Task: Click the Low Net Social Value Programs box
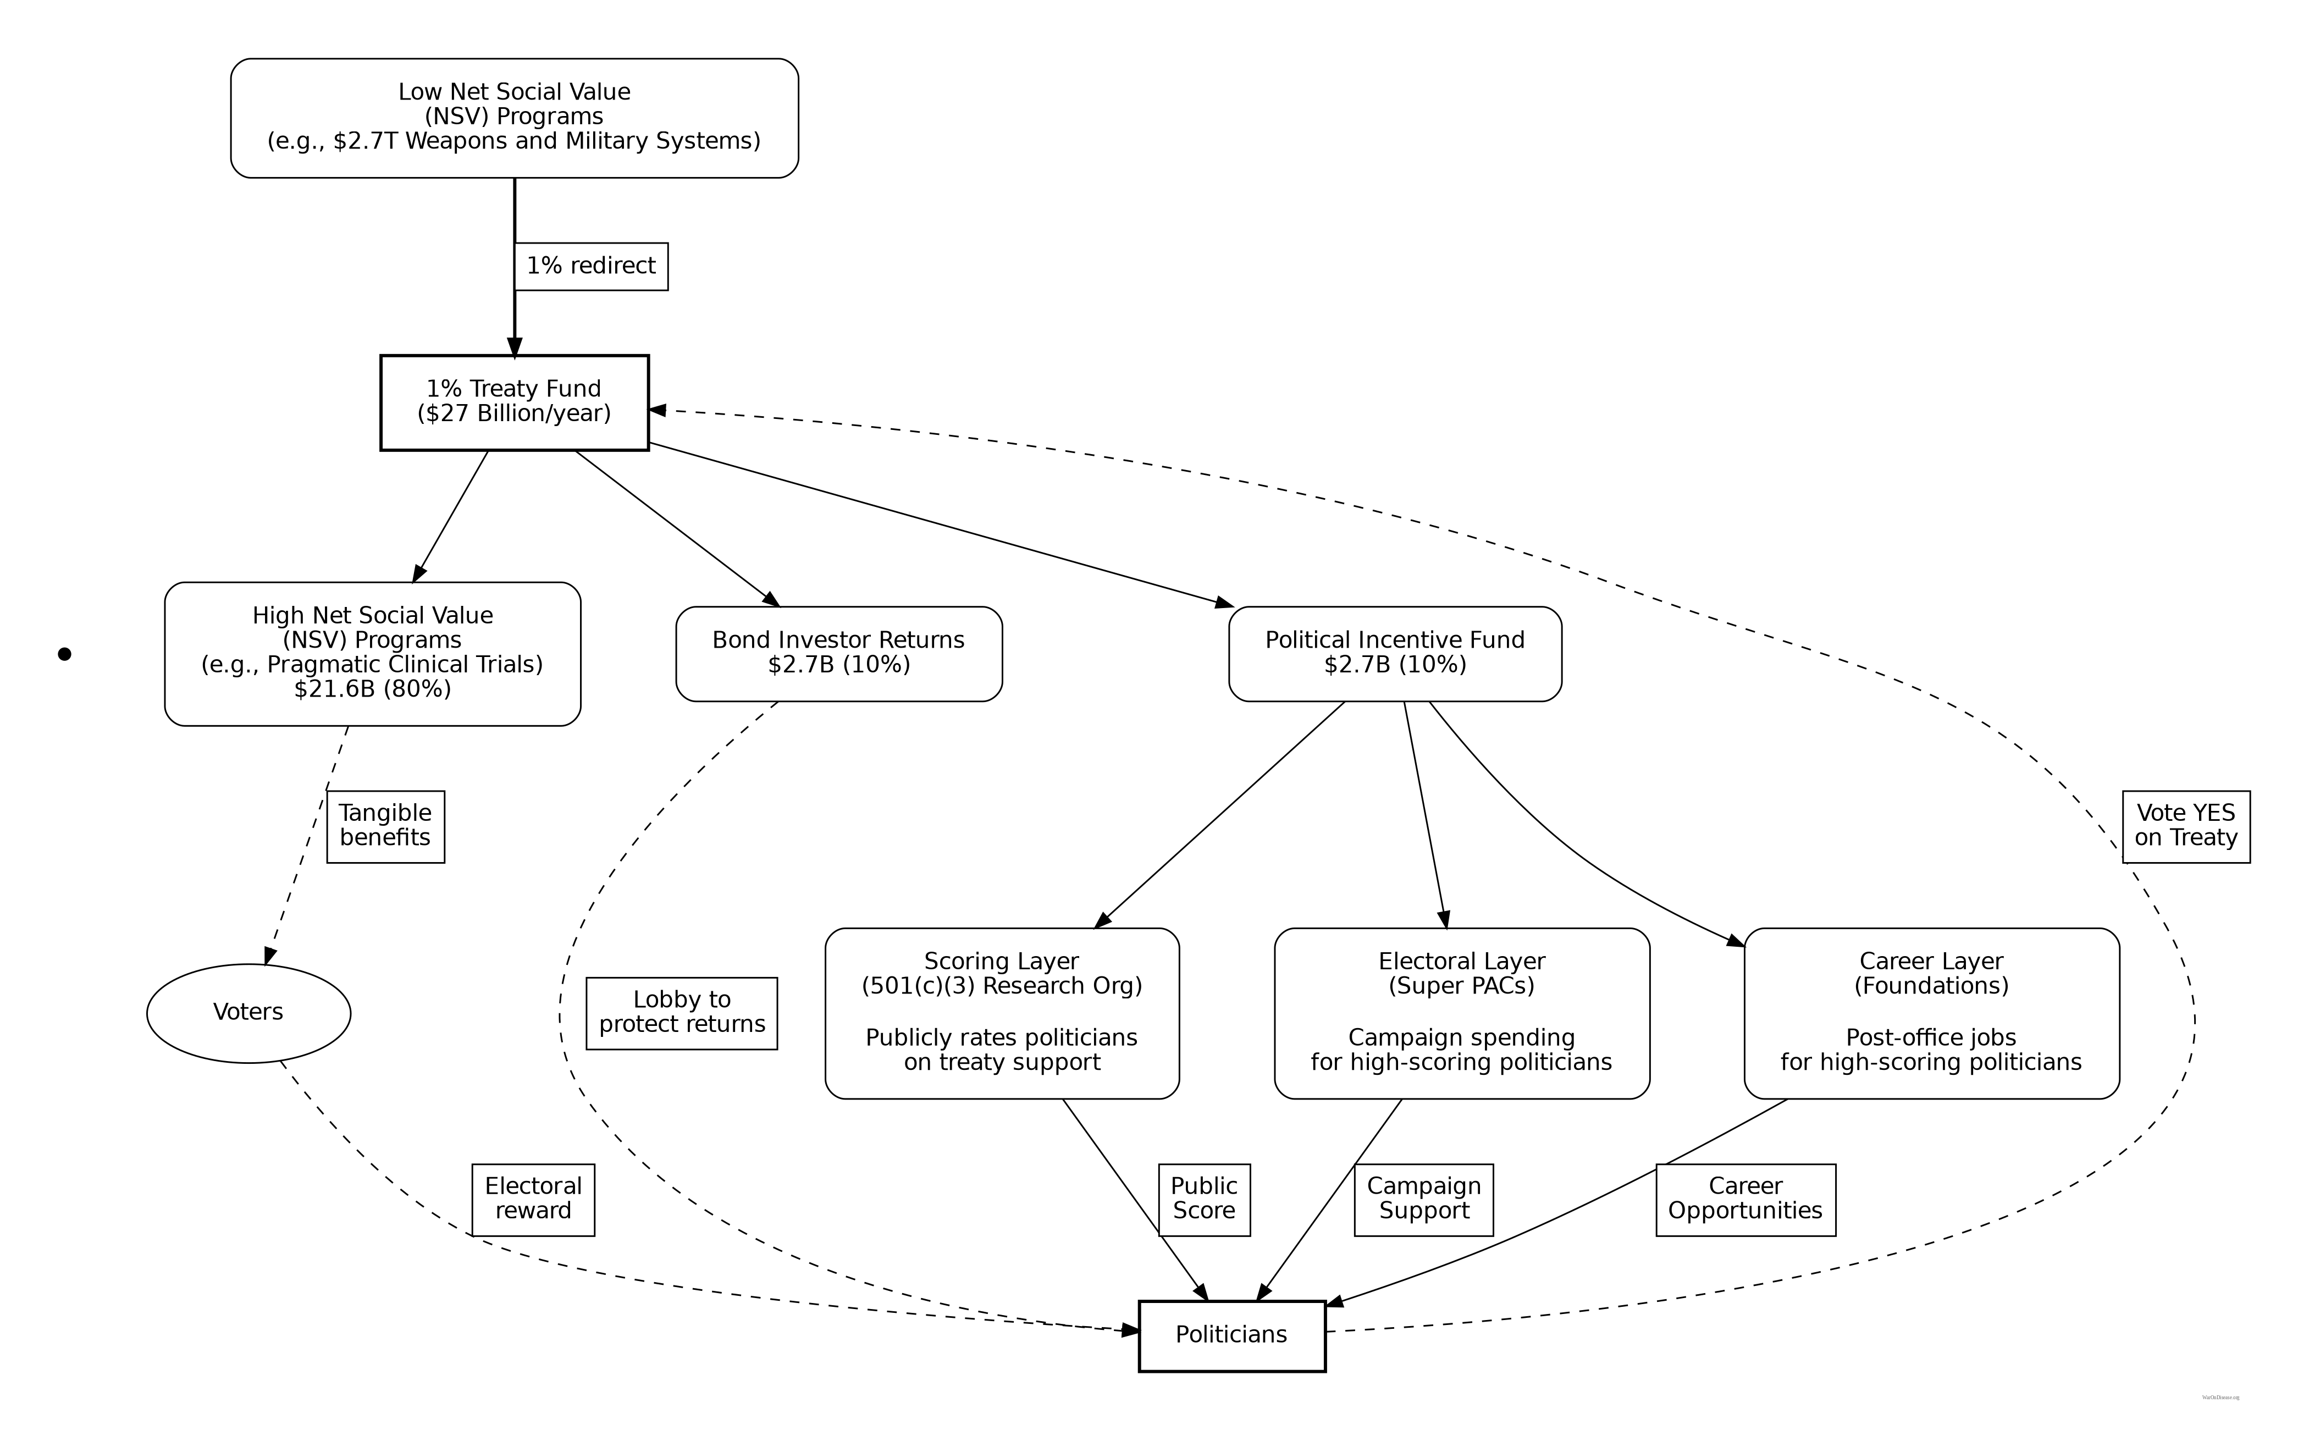(x=515, y=117)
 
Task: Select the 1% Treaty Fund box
(x=515, y=402)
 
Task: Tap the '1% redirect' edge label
(x=591, y=266)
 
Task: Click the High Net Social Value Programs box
(x=373, y=653)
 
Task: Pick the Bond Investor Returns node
(x=839, y=653)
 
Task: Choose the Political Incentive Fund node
(x=1395, y=653)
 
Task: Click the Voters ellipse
(x=248, y=1012)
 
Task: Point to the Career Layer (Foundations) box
(x=1931, y=1012)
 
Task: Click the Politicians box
(x=1231, y=1334)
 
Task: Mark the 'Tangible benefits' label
(x=386, y=826)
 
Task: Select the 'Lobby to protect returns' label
(x=682, y=1012)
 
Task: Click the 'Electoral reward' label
(x=533, y=1199)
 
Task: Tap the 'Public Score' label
(x=1203, y=1199)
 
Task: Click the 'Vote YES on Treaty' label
(x=2185, y=826)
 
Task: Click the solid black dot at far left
(x=64, y=654)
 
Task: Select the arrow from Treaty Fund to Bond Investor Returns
(x=677, y=528)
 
